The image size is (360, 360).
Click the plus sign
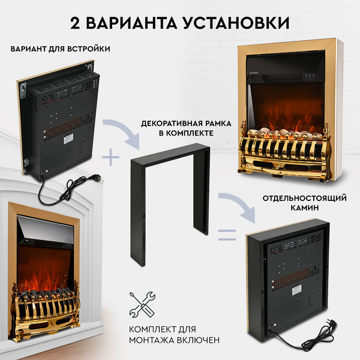tap(110, 158)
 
